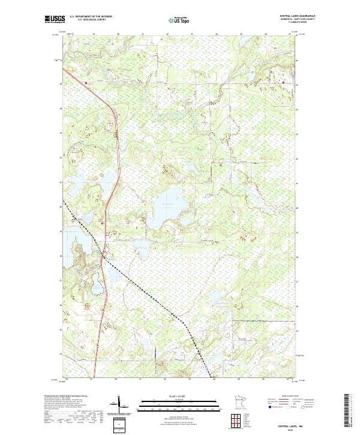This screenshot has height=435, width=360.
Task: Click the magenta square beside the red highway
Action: [x=86, y=83]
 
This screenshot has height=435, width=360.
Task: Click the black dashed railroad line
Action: [x=150, y=295]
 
